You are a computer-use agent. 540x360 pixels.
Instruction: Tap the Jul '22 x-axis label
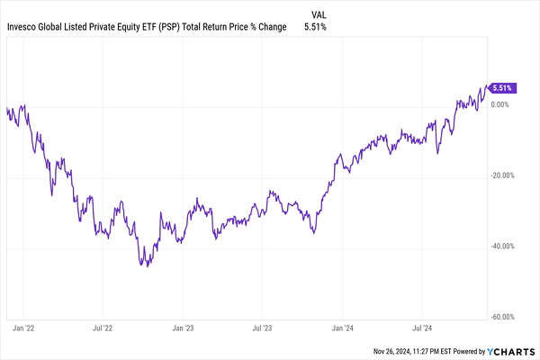pyautogui.click(x=102, y=330)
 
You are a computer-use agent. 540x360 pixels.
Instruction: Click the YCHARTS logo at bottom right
pyautogui.click(x=509, y=349)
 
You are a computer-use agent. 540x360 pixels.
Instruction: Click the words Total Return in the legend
pyautogui.click(x=216, y=28)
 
